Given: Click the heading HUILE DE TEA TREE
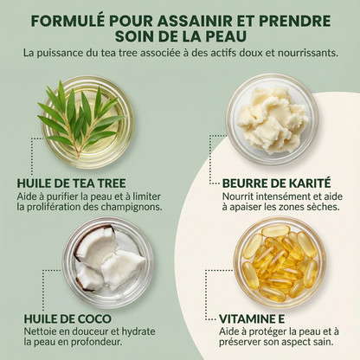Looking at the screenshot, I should (x=71, y=183).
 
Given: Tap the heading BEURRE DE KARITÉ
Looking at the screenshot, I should (x=276, y=183).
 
